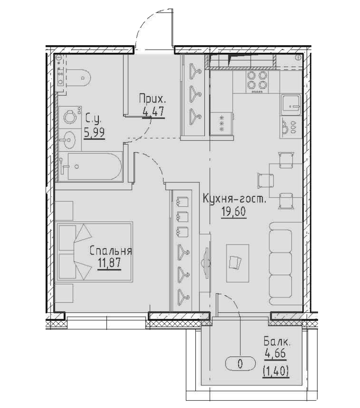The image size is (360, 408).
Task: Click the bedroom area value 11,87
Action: (x=108, y=263)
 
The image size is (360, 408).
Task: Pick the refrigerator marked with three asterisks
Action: (x=222, y=123)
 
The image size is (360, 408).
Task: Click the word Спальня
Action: (x=110, y=251)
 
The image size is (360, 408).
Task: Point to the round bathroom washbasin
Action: (x=69, y=139)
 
